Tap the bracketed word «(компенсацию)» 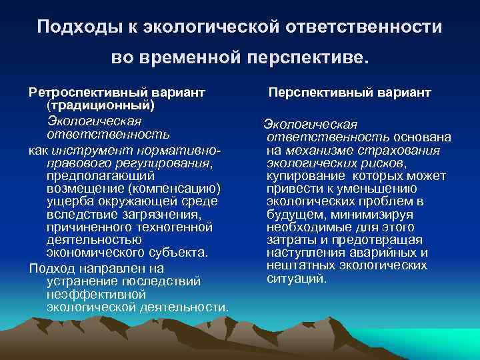pyautogui.click(x=173, y=189)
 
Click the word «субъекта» pyautogui.click(x=177, y=253)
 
